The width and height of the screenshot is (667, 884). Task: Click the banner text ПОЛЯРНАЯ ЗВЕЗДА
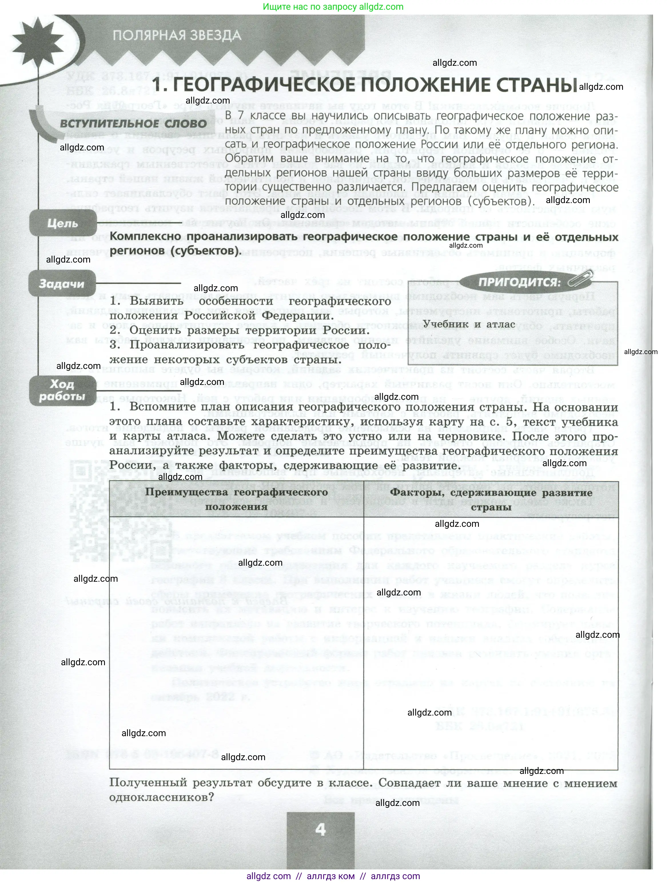[x=177, y=35]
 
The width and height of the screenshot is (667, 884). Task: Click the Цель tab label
[x=62, y=223]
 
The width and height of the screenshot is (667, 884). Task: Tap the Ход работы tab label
[x=62, y=390]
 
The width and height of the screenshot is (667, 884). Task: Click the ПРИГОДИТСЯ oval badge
[x=519, y=282]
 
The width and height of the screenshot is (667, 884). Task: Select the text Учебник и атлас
[x=469, y=324]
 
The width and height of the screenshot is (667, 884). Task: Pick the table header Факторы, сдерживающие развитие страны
[x=491, y=500]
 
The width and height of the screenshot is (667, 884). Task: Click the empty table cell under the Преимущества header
[x=236, y=643]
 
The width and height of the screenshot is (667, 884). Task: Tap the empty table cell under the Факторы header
[x=491, y=643]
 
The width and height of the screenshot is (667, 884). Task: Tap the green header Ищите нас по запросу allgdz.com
[x=333, y=7]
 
